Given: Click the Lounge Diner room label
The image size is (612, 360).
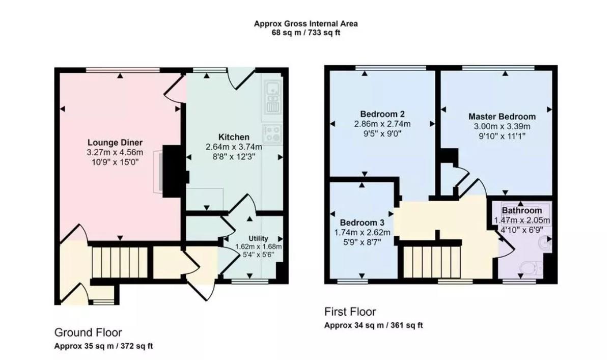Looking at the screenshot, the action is [115, 143].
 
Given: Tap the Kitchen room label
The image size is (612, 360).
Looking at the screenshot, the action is [234, 137].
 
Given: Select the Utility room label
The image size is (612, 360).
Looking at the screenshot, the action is [258, 238].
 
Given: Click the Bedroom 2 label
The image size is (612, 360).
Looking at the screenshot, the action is [382, 114].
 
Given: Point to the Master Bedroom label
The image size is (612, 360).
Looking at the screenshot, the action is [502, 117].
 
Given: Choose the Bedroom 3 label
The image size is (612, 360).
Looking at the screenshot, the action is [362, 223].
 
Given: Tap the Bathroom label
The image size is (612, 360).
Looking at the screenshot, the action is [522, 210].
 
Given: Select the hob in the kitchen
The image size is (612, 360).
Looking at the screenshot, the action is [272, 134].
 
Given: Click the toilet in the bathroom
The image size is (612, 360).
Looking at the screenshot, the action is [532, 267].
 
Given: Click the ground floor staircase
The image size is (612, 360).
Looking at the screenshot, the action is [120, 262].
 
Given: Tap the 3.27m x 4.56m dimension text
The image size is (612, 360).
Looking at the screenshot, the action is [115, 152].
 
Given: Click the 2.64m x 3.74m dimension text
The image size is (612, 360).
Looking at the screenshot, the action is [234, 147].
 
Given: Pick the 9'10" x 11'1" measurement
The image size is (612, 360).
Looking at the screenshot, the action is [502, 136].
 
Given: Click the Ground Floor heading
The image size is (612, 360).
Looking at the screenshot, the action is [88, 333].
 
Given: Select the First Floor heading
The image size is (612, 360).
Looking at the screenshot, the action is [350, 312].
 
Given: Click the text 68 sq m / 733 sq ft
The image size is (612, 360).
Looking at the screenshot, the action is [305, 33].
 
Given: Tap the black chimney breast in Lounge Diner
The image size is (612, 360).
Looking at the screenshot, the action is [174, 171].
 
